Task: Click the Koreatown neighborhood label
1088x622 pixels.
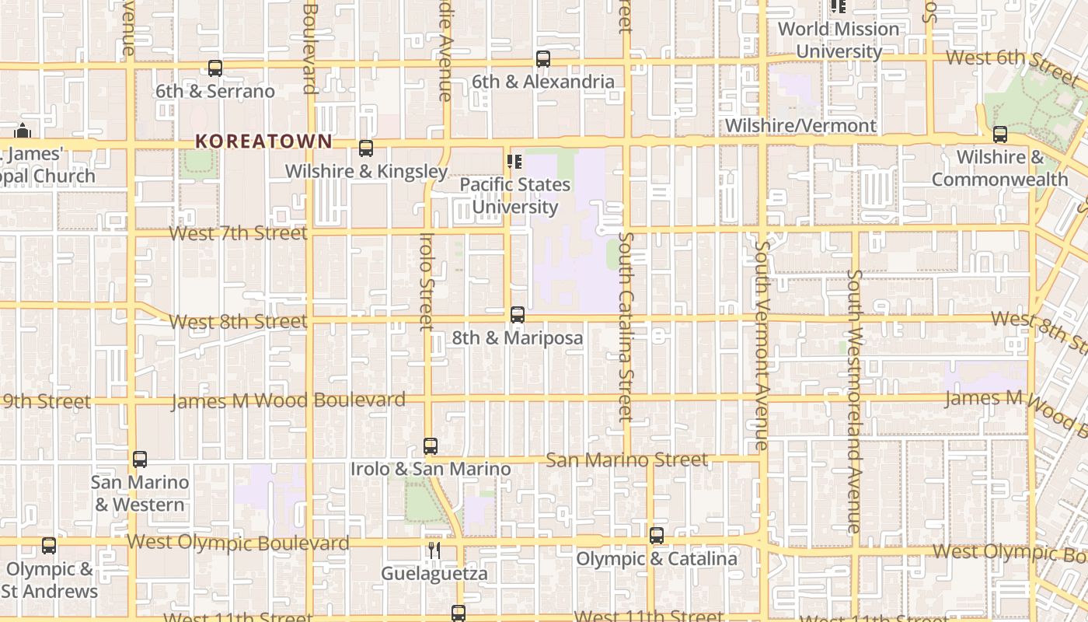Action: [x=263, y=142]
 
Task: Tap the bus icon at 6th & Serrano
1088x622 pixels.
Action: [x=215, y=68]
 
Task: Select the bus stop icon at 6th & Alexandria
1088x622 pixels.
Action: [x=543, y=59]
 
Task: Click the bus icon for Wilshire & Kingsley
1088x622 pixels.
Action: [x=366, y=149]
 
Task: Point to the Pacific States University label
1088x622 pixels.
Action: [x=515, y=196]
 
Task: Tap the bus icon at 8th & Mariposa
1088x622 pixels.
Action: [x=518, y=315]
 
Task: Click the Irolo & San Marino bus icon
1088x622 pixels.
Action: [x=431, y=446]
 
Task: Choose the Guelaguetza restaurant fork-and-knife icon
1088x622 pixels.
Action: [x=434, y=550]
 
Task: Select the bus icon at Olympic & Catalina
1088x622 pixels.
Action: [x=657, y=536]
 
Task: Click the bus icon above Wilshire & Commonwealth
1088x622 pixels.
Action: [x=1000, y=135]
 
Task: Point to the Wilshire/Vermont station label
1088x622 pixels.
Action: [x=800, y=125]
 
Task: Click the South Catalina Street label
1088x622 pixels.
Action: [x=626, y=327]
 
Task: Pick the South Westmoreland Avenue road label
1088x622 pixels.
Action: [x=854, y=400]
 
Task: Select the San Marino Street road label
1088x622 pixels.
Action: [x=626, y=460]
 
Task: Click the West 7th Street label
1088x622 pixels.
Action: [x=238, y=233]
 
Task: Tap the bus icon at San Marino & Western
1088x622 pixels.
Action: [x=140, y=460]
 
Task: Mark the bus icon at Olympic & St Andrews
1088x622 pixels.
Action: [x=49, y=546]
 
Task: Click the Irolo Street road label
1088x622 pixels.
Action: [x=426, y=281]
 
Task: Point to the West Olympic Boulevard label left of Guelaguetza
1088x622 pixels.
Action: [x=238, y=543]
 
